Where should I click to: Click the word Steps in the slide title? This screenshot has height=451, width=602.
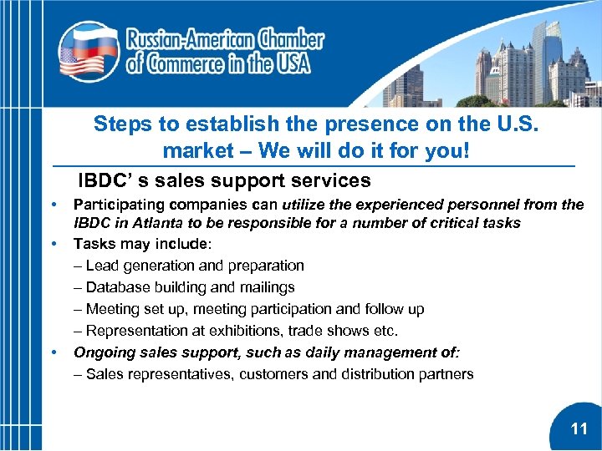pyautogui.click(x=123, y=124)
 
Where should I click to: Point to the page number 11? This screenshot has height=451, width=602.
pyautogui.click(x=579, y=429)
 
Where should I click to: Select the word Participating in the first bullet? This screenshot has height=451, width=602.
pyautogui.click(x=115, y=205)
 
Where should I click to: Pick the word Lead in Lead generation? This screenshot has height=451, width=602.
pyautogui.click(x=100, y=266)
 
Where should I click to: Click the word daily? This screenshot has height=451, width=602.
pyautogui.click(x=300, y=352)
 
